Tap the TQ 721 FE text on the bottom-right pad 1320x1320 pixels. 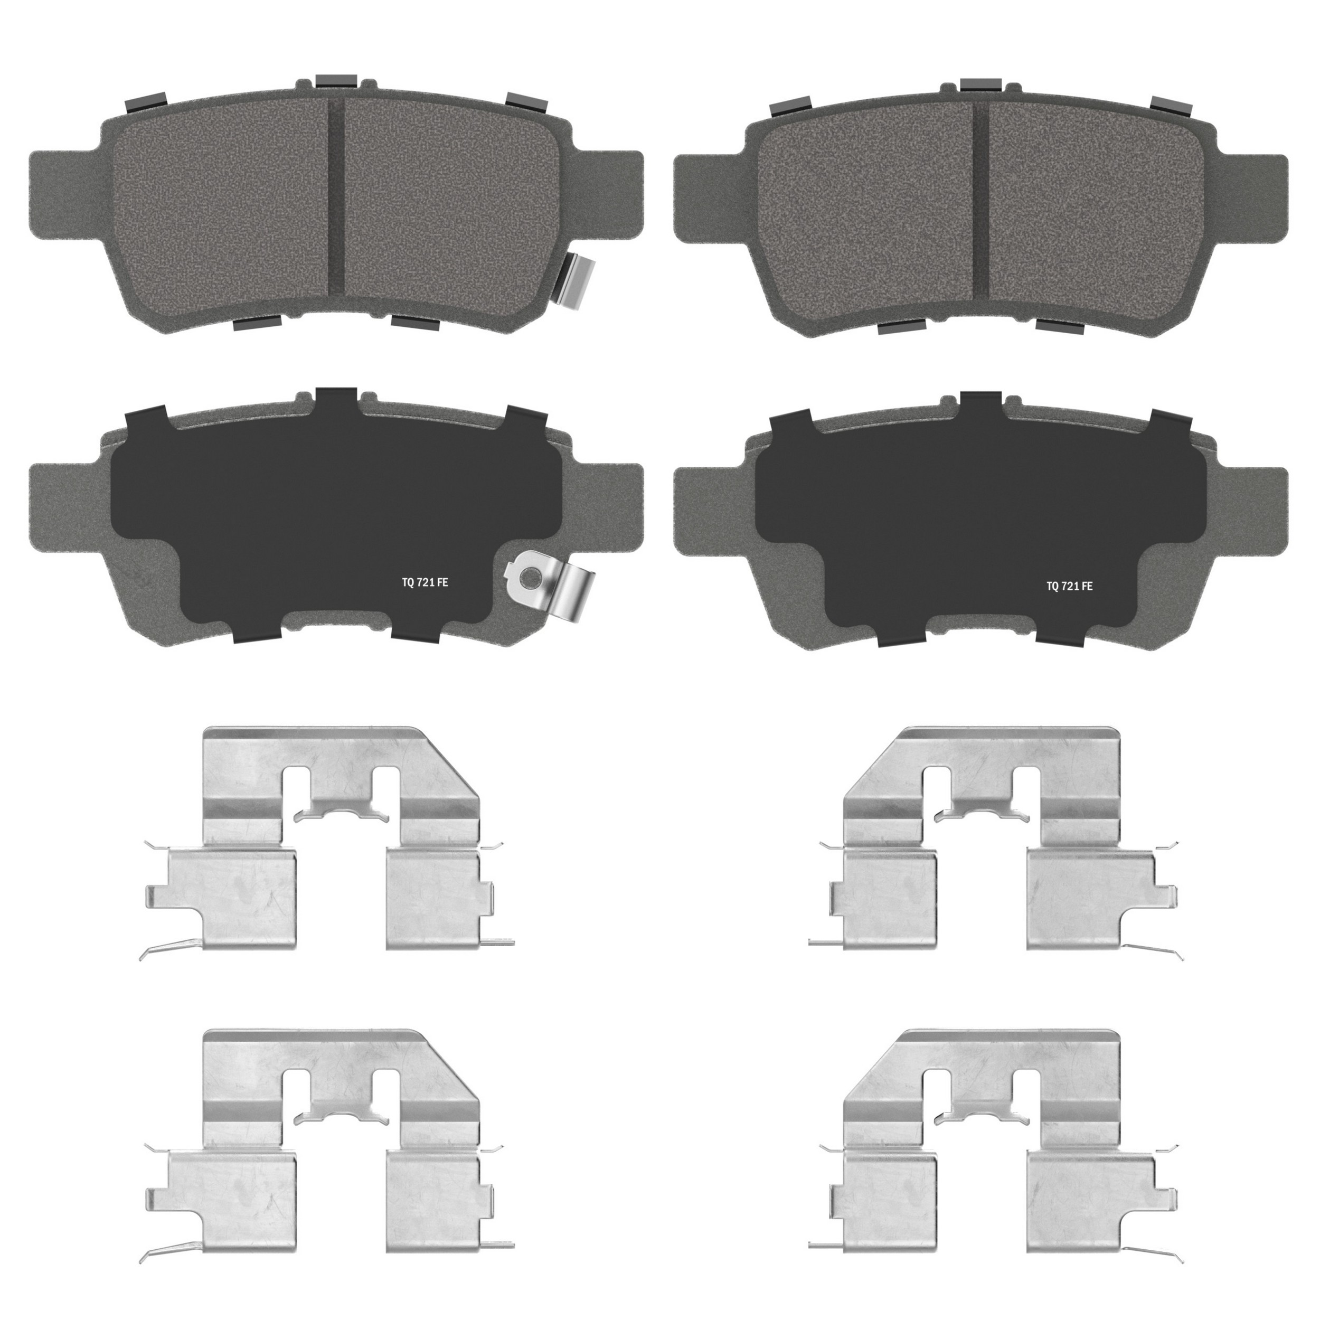pyautogui.click(x=1069, y=586)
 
